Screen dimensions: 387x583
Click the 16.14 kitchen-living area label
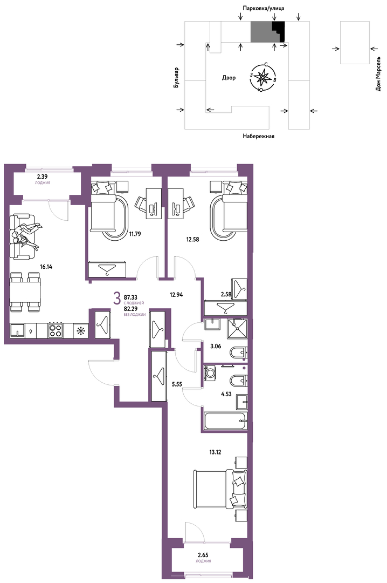tap(46, 266)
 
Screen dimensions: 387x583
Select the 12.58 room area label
tap(193, 240)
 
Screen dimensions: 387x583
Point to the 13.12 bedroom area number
tap(215, 452)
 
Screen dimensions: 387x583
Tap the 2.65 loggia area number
tap(203, 555)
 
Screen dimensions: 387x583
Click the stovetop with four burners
tap(56, 330)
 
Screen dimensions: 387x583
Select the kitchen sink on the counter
tap(17, 330)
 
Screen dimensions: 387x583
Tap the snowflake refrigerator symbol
tap(81, 330)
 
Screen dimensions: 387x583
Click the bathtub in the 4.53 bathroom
tap(225, 421)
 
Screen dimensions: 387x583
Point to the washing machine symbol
tap(211, 373)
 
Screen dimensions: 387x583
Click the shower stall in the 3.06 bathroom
tap(237, 328)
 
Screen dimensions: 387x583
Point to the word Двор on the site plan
tap(229, 78)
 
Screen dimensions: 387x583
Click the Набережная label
tap(259, 136)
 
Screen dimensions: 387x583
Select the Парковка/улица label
tap(264, 8)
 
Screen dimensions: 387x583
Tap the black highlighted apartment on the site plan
tap(279, 31)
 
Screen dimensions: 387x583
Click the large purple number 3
tap(117, 298)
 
